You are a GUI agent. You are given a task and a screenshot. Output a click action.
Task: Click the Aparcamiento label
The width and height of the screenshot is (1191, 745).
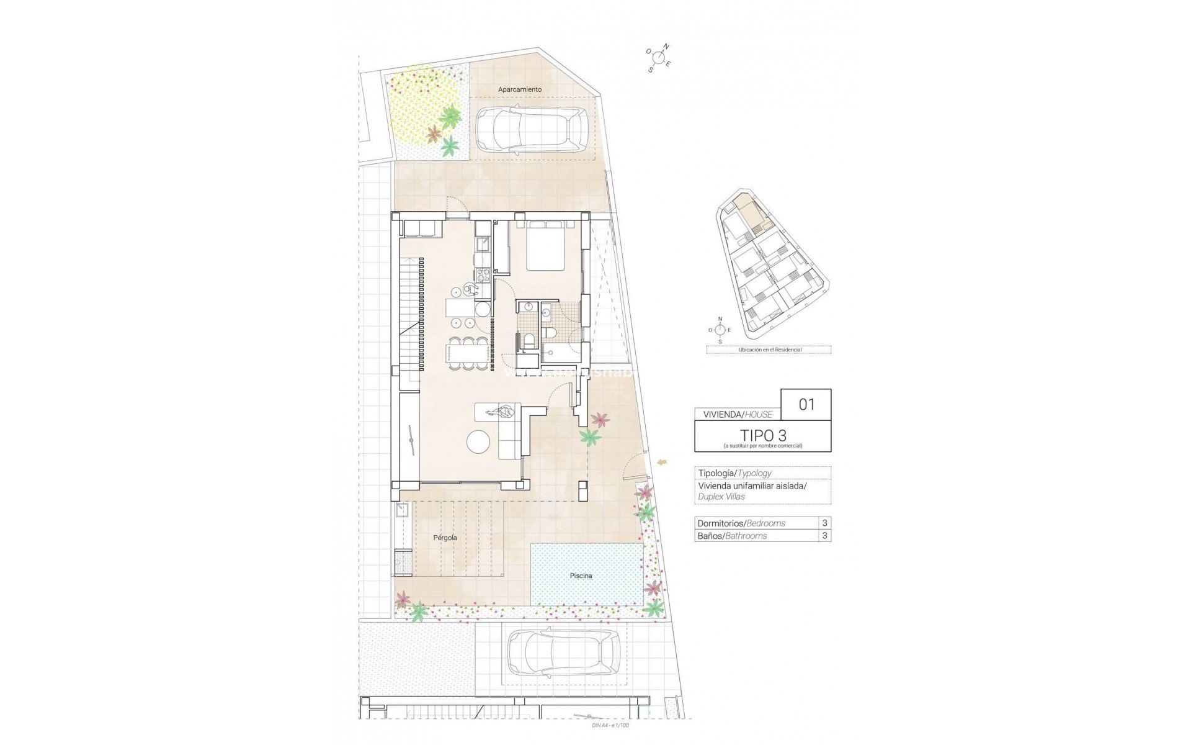click(x=520, y=89)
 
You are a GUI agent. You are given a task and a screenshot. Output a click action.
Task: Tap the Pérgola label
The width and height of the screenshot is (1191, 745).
click(x=445, y=538)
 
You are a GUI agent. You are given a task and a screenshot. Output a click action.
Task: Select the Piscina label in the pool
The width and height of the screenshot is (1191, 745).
click(x=581, y=576)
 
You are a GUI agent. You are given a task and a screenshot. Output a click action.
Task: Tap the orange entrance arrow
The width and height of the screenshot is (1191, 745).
click(x=662, y=461)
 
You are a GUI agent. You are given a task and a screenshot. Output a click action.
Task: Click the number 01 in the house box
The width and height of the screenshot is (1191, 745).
click(x=806, y=405)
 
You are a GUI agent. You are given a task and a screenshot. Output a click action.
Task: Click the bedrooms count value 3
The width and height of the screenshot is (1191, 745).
click(x=824, y=523)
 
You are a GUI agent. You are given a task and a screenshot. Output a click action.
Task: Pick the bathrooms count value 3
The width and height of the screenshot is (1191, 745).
click(x=824, y=536)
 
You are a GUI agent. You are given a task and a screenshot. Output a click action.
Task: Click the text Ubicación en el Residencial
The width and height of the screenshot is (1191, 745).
click(x=769, y=350)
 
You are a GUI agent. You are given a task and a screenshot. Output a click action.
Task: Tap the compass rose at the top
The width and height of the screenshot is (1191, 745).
click(x=659, y=57)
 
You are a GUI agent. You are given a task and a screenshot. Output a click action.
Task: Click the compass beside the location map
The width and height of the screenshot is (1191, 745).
click(x=720, y=330)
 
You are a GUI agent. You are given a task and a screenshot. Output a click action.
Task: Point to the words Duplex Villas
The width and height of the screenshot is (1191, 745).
click(x=721, y=497)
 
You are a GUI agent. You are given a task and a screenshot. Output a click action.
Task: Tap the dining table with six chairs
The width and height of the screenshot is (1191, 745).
click(x=465, y=353)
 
